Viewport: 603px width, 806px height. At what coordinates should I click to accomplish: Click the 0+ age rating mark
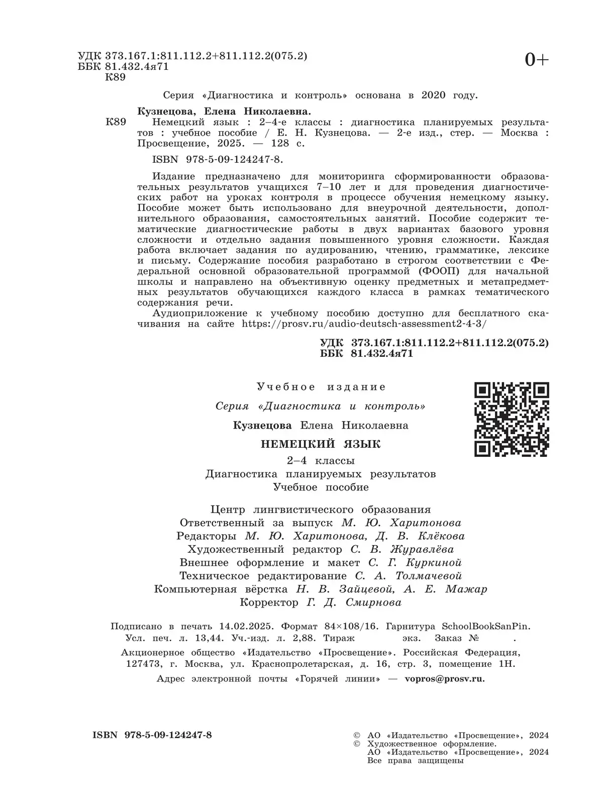[x=537, y=60]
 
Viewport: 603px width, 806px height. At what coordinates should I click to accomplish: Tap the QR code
[x=512, y=419]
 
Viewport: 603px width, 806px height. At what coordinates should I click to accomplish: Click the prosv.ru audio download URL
[x=364, y=324]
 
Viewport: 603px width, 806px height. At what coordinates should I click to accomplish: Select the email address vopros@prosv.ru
[x=445, y=678]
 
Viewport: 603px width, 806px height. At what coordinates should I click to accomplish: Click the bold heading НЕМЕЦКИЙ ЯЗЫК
[x=321, y=444]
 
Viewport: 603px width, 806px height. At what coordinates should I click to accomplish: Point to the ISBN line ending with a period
[x=217, y=160]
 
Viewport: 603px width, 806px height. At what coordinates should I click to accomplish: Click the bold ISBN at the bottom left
[x=152, y=735]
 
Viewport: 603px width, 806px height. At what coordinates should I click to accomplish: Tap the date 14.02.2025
[x=246, y=627]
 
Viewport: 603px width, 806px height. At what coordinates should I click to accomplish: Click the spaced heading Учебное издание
[x=321, y=387]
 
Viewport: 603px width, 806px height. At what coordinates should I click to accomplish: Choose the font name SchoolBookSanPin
[x=485, y=627]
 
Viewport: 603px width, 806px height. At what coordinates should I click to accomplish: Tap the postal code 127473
[x=141, y=664]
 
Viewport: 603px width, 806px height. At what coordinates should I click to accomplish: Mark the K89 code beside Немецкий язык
[x=116, y=122]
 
